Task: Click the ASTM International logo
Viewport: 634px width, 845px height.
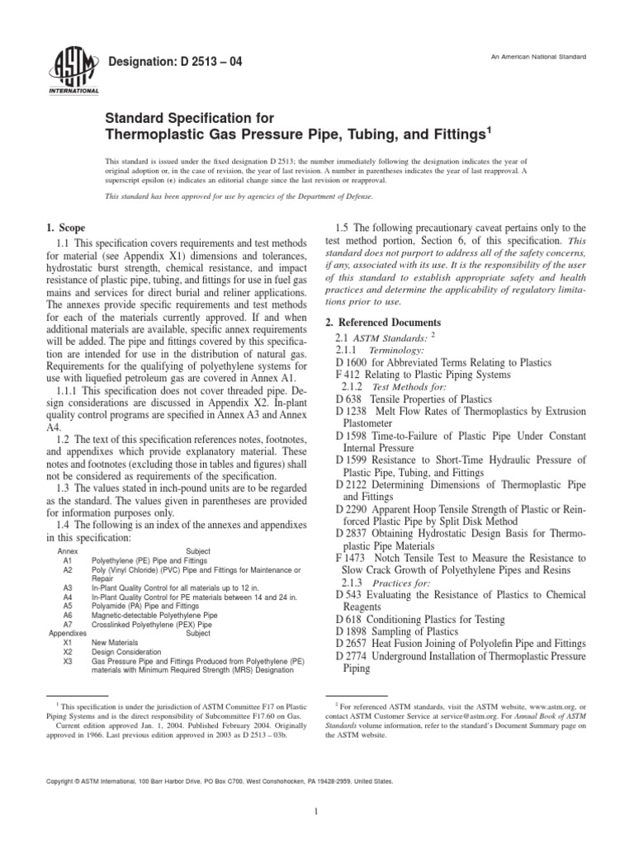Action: pos(75,70)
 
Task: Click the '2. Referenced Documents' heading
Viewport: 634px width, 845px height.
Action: pos(388,322)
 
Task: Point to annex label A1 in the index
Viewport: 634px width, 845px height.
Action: pos(68,559)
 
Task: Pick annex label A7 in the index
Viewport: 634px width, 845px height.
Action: pos(68,625)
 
